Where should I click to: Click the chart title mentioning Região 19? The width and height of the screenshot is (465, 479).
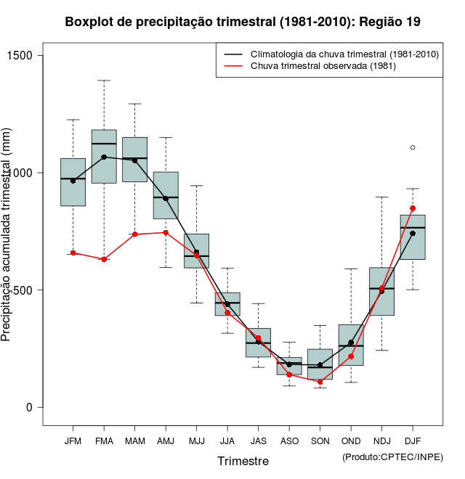click(x=242, y=22)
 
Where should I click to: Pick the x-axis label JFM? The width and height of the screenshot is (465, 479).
click(x=73, y=441)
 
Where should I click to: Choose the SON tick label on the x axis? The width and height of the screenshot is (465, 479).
click(x=320, y=441)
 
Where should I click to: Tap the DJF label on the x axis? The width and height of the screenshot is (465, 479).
click(x=413, y=441)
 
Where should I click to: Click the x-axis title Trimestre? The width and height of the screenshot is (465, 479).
click(x=243, y=461)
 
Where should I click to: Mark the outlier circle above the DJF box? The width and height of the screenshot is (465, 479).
click(x=413, y=147)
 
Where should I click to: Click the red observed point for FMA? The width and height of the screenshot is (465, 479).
click(x=104, y=259)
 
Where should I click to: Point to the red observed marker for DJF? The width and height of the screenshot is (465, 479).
click(x=413, y=208)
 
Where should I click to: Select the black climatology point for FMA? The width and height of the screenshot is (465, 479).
click(x=104, y=157)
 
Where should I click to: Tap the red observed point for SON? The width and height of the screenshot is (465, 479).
click(x=320, y=382)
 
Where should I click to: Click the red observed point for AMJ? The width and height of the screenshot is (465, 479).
click(x=166, y=232)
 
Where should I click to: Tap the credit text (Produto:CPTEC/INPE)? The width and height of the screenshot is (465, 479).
click(x=392, y=457)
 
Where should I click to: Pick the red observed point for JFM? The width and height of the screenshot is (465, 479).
click(x=73, y=253)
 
